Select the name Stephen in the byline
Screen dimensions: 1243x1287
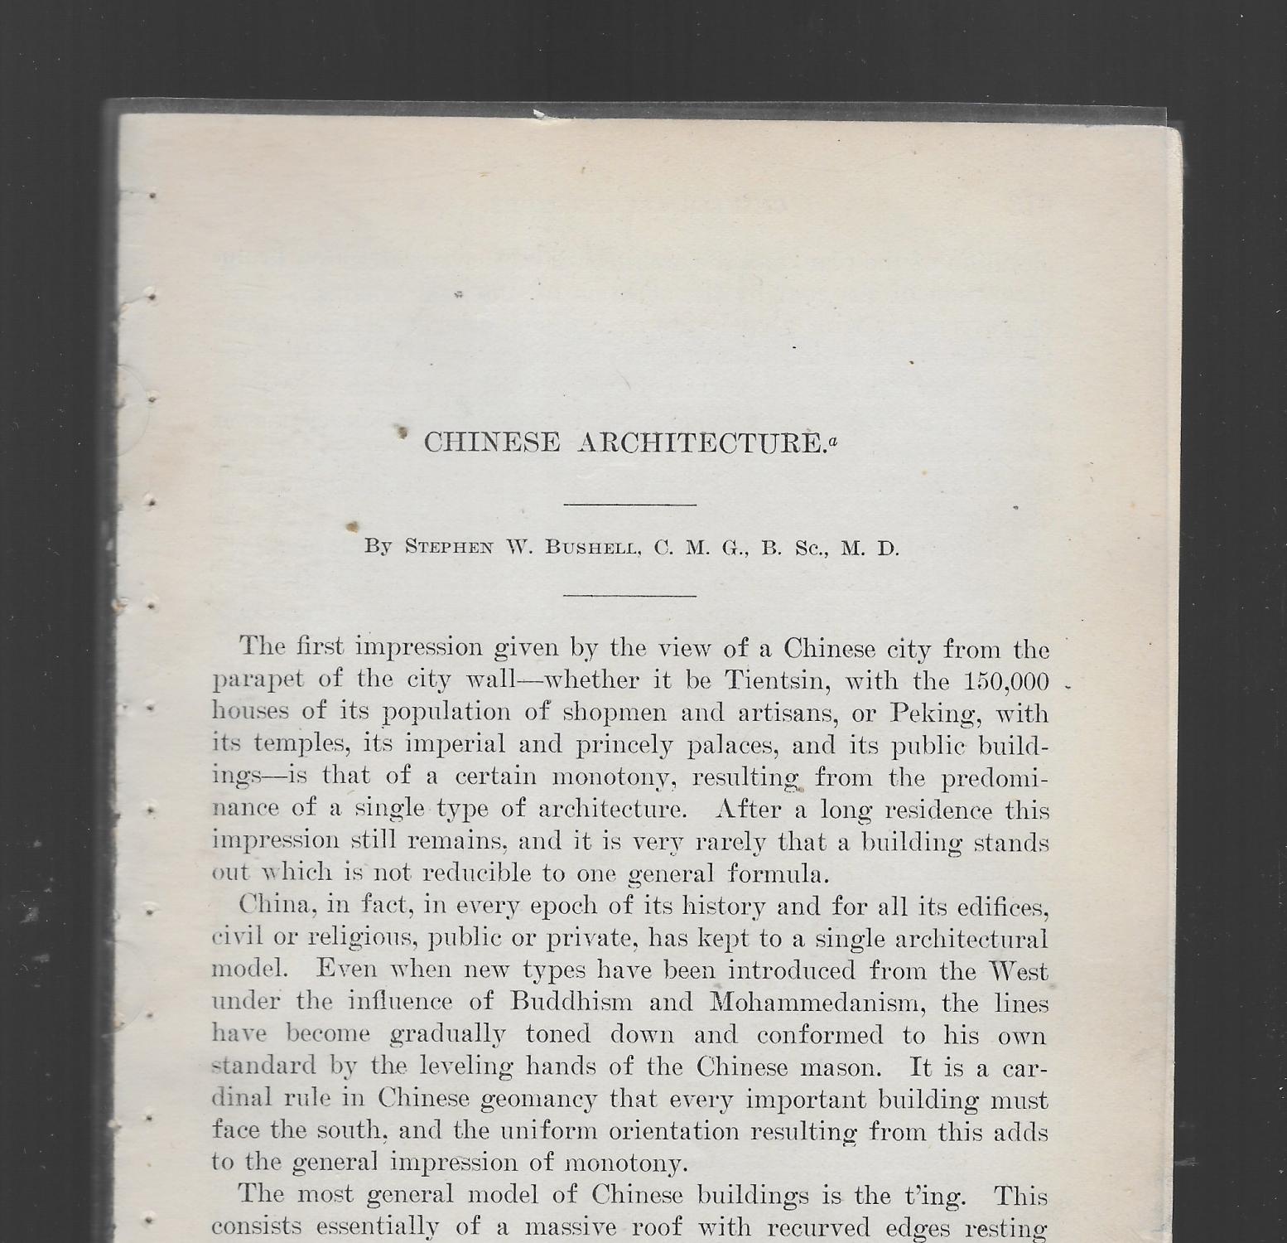[x=448, y=548]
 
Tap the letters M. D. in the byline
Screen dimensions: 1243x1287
[x=870, y=548]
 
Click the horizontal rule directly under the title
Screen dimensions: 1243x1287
[x=629, y=504]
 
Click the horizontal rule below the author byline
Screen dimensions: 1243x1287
[x=629, y=595]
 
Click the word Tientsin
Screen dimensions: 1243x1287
[x=773, y=680]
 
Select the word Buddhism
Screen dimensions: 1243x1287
[x=571, y=1002]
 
